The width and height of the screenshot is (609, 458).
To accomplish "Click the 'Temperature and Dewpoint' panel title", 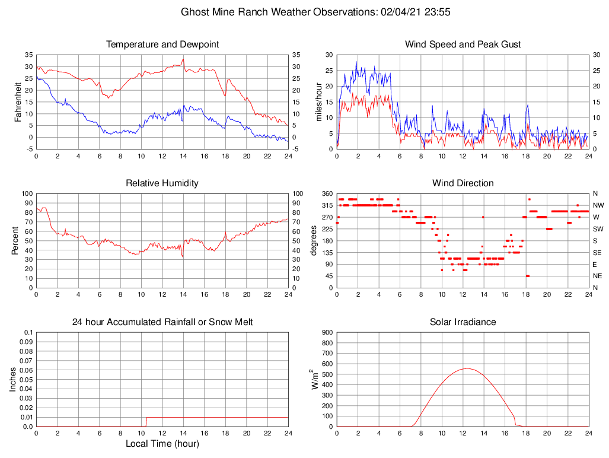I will pyautogui.click(x=162, y=44).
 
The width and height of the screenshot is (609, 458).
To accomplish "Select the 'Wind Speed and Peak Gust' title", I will pyautogui.click(x=463, y=44).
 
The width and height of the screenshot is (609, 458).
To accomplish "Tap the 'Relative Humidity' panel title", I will pyautogui.click(x=162, y=183).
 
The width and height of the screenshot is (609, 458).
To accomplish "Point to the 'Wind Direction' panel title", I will pyautogui.click(x=463, y=183).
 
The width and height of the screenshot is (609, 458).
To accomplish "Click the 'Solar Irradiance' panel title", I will pyautogui.click(x=463, y=322).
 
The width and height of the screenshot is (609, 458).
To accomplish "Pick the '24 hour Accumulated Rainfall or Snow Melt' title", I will pyautogui.click(x=162, y=322).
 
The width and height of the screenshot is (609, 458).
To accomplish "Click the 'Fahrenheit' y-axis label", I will pyautogui.click(x=18, y=101).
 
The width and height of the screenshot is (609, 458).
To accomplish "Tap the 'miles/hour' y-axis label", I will pyautogui.click(x=319, y=101).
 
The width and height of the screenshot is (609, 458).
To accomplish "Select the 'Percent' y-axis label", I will pyautogui.click(x=15, y=240).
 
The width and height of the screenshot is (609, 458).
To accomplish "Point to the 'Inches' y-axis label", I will pyautogui.click(x=13, y=380).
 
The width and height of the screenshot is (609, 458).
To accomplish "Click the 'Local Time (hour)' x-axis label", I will pyautogui.click(x=162, y=444).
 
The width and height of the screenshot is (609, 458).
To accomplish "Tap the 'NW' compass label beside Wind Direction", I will pyautogui.click(x=598, y=205).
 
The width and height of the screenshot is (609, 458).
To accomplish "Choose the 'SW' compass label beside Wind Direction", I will pyautogui.click(x=598, y=229).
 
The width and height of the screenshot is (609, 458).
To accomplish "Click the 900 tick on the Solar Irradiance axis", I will pyautogui.click(x=326, y=333).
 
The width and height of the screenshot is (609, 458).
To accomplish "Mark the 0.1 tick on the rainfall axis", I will pyautogui.click(x=28, y=333).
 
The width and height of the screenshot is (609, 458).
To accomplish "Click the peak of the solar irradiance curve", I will pyautogui.click(x=467, y=368).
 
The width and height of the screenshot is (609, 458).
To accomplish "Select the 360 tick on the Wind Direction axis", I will pyautogui.click(x=326, y=193).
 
